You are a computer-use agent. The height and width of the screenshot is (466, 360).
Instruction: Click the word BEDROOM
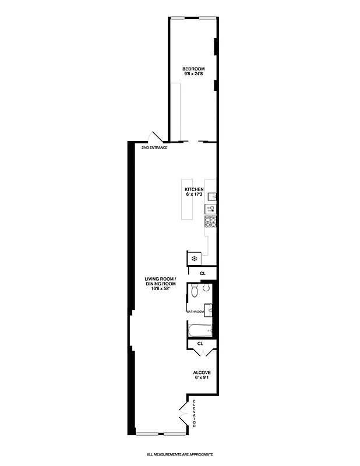pyautogui.click(x=192, y=68)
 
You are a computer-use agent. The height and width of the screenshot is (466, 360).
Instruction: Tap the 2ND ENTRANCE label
pyautogui.click(x=154, y=147)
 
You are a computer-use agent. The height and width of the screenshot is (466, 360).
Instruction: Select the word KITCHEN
pyautogui.click(x=193, y=190)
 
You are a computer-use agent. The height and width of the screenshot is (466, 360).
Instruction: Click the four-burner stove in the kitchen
pyautogui.click(x=210, y=221)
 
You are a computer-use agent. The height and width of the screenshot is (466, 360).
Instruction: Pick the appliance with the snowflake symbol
pyautogui.click(x=193, y=258)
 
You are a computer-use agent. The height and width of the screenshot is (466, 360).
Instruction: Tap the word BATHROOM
pyautogui.click(x=195, y=312)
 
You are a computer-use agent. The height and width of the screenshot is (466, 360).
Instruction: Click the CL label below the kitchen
pyautogui.click(x=202, y=273)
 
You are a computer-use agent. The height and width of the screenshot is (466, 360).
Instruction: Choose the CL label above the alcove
pyautogui.click(x=200, y=344)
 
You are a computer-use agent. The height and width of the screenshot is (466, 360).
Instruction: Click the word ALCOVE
pyautogui.click(x=202, y=372)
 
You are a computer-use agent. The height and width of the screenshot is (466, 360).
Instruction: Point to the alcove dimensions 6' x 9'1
pyautogui.click(x=202, y=377)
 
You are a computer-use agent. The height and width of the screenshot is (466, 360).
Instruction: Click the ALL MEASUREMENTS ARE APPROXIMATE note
pyautogui.click(x=180, y=454)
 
